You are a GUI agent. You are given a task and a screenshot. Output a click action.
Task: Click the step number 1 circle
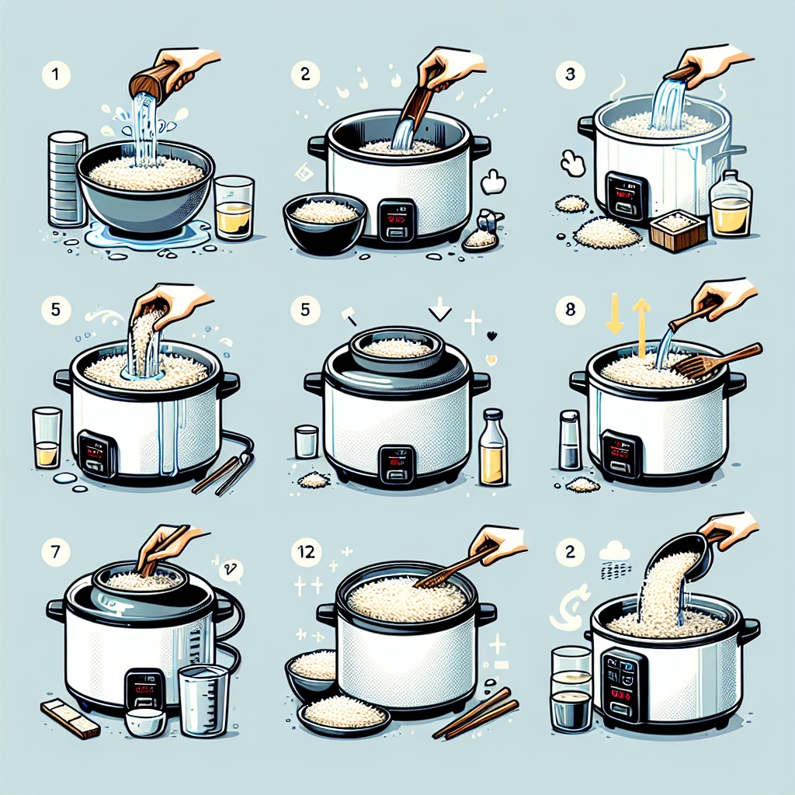coord(56,75)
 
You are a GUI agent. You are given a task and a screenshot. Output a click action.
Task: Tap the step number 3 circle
coord(571,75)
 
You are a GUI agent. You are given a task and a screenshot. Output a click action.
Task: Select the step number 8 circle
coord(571,309)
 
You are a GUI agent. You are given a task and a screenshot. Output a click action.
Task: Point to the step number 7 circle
coord(56,550)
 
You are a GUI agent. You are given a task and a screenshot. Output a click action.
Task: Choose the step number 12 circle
coord(306,551)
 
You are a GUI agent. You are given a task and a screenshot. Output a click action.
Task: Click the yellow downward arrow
coord(615,314)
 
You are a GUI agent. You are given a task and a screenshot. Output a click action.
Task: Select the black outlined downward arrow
coord(439,309)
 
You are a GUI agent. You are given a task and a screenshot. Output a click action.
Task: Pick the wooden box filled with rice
coord(677,231)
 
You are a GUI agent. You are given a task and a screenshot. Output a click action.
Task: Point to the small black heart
coord(491,335)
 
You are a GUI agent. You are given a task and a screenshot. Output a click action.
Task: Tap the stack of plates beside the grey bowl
coord(67,179)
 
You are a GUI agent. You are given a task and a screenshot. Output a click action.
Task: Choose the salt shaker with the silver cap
coord(571,441)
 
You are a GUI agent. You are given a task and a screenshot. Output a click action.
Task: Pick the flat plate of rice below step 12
coord(344,713)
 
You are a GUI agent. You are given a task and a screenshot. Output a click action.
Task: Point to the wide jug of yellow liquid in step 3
coord(731,204)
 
